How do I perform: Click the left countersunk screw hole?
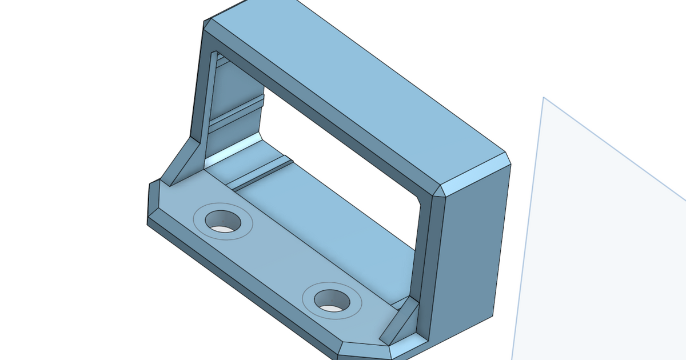222,221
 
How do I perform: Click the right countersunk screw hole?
332,301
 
